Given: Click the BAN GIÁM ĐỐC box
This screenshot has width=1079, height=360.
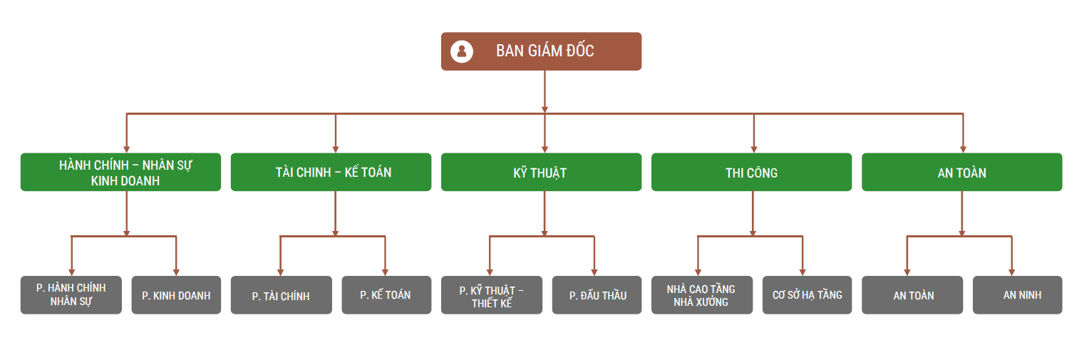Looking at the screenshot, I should (541, 51).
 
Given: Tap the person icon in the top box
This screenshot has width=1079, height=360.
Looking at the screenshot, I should (462, 51).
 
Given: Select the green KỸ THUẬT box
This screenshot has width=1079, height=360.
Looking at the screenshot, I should (541, 173).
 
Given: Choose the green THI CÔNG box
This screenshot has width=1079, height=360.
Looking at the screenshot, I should (751, 173).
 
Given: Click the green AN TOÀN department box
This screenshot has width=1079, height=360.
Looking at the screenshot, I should (961, 173).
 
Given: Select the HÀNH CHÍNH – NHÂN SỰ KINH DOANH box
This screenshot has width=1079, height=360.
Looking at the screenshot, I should (120, 173).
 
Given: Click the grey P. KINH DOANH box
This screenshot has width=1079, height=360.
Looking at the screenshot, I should (176, 295).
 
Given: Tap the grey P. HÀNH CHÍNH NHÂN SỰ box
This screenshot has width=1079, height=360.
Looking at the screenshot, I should (71, 295).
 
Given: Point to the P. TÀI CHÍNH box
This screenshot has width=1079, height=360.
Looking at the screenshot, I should (281, 295).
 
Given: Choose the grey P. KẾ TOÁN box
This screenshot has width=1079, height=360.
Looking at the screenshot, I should (386, 295).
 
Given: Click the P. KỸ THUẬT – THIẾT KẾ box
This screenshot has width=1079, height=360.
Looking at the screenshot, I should (491, 295).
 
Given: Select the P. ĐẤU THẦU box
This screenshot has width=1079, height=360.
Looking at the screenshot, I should (597, 295).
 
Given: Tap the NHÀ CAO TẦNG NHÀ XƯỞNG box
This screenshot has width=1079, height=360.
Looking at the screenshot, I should (701, 295).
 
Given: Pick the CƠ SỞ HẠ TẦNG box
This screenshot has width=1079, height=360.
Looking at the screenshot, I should (807, 295).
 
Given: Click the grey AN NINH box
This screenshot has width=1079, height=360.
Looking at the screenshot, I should (1017, 295).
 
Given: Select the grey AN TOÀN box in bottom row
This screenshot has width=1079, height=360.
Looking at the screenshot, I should (912, 295).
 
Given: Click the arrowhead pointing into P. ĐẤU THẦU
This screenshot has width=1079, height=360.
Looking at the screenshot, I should (594, 272).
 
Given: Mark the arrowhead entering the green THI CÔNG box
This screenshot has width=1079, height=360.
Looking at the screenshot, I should (754, 148).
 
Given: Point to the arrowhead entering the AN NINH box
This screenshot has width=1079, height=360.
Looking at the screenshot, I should (1011, 272).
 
